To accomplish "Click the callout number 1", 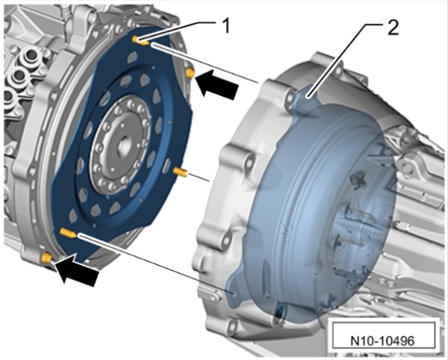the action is (225, 26).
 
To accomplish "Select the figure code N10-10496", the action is (382, 341).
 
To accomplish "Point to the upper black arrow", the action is (218, 84).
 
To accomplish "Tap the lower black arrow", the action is (77, 269).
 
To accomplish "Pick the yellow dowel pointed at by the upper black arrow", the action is (190, 73).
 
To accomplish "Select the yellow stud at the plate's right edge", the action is (180, 172).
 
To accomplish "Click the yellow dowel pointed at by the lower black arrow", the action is (46, 258).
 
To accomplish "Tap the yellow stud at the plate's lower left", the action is (68, 232).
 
